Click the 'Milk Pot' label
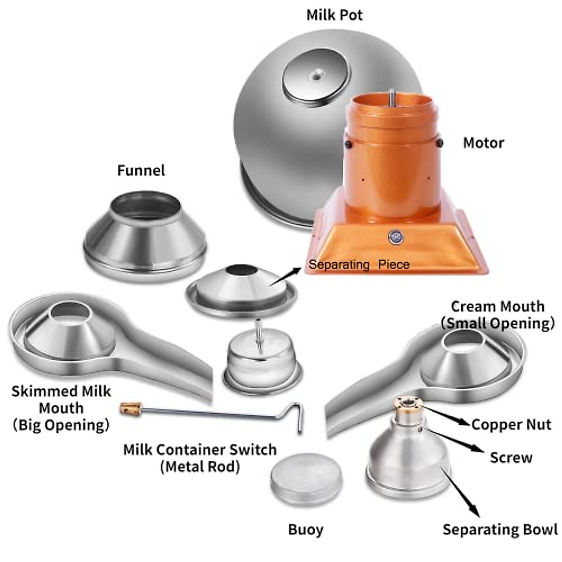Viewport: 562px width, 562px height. coord(334,15)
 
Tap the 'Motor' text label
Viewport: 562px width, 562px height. coord(483,143)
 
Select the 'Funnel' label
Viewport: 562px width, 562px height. coord(141,170)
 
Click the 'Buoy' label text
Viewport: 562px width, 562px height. coord(305,530)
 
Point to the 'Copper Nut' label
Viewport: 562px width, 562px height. coord(511,424)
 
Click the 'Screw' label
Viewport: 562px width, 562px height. coord(511,457)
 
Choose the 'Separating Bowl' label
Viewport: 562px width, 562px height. coord(500,529)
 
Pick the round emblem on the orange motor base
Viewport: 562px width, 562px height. coord(395,237)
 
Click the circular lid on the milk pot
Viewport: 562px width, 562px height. coord(316,77)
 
